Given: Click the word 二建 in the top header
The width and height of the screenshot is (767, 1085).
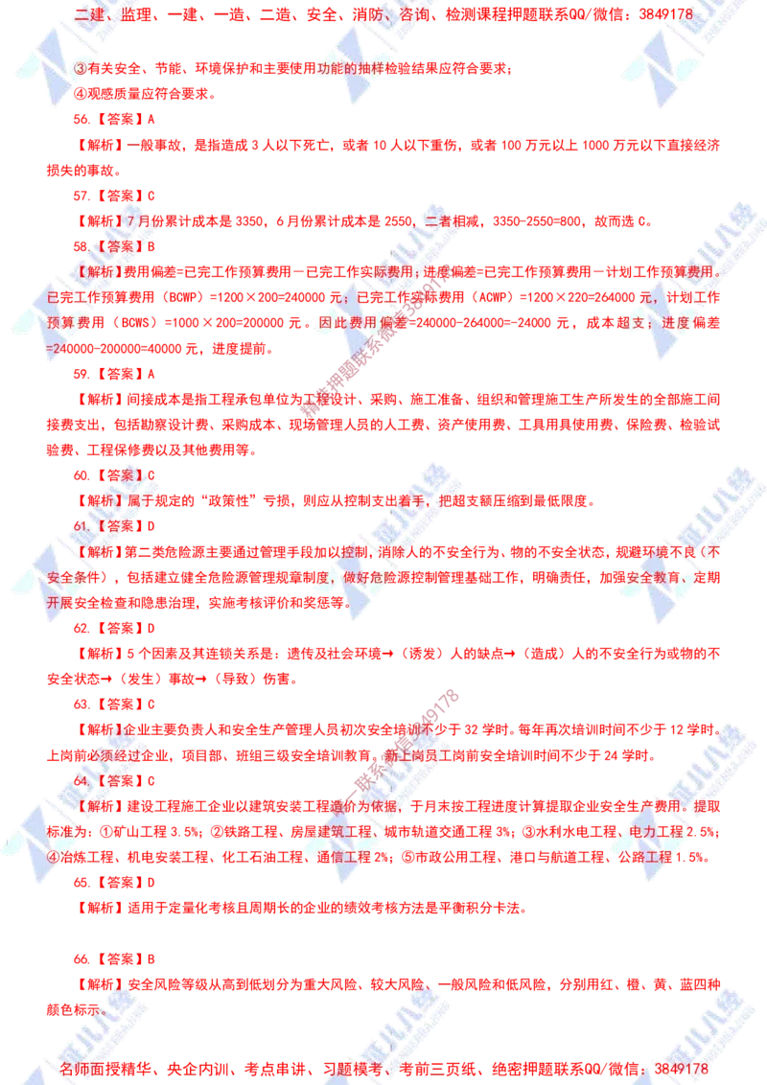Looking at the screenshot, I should [88, 14].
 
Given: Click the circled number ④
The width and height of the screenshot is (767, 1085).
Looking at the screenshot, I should [55, 857].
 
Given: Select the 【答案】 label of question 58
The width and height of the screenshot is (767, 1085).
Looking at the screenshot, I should [121, 247].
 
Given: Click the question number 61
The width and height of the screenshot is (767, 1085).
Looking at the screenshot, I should [82, 526].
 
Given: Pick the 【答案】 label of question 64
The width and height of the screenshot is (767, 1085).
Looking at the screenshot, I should [121, 780].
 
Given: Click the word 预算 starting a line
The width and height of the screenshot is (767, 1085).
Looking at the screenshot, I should [62, 324].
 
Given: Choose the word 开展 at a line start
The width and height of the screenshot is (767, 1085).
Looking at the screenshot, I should [62, 603].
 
